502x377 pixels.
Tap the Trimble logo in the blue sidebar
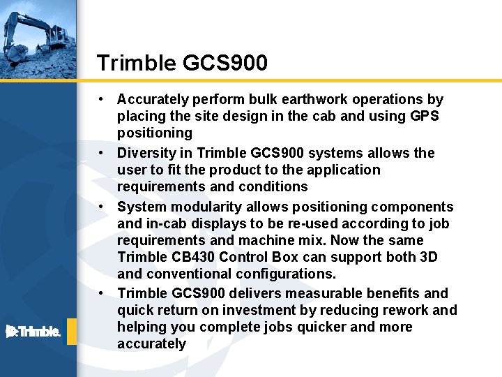click(33, 331)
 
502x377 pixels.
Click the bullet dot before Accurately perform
click(102, 99)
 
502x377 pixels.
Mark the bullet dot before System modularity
click(102, 207)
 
